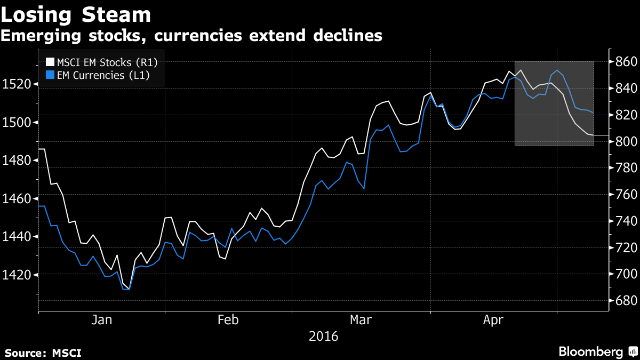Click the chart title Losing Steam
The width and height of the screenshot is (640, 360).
click(x=76, y=14)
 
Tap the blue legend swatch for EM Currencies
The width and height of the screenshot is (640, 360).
click(x=51, y=75)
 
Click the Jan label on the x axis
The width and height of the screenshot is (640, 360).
click(x=101, y=320)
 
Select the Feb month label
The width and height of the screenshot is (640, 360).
click(x=228, y=320)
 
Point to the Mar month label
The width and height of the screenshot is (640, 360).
click(x=361, y=320)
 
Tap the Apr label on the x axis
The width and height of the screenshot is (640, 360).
click(x=493, y=320)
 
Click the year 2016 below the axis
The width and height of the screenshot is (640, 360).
click(x=323, y=337)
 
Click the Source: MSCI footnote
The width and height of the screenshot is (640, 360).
click(x=43, y=353)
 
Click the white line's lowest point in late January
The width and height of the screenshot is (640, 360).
click(x=129, y=289)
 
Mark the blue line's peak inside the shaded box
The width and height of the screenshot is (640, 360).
click(x=557, y=70)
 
